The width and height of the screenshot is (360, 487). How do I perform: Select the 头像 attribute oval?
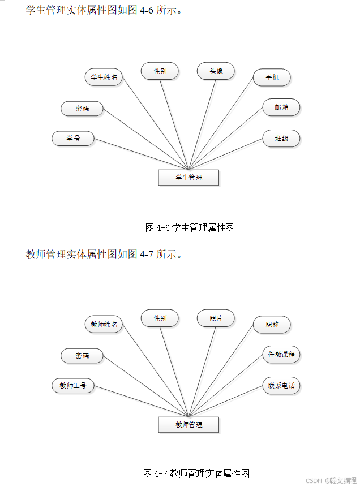[x=216, y=71]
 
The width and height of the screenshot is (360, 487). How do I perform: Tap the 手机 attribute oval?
[x=272, y=77]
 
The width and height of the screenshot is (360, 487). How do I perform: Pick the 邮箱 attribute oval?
[x=281, y=107]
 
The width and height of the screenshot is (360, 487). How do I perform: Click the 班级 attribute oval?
[x=281, y=139]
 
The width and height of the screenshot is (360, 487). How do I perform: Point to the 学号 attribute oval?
[x=73, y=139]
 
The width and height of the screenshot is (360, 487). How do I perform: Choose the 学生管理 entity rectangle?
[x=188, y=178]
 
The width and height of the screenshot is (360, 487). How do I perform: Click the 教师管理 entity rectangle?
[x=188, y=424]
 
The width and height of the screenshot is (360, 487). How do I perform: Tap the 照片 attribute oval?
[x=216, y=318]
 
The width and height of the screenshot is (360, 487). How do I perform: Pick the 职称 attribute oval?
[x=272, y=325]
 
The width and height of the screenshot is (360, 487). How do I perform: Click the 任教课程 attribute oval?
[x=281, y=355]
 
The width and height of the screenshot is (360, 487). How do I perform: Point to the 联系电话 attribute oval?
[x=281, y=386]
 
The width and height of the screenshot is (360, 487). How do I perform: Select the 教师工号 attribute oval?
[x=73, y=386]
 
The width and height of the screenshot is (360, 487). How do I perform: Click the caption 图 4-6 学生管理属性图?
[x=190, y=228]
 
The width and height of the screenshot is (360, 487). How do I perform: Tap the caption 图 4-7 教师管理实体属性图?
[x=196, y=473]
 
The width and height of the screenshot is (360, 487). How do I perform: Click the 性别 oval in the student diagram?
[x=160, y=71]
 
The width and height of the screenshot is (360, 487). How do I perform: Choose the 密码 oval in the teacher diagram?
[x=82, y=356]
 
